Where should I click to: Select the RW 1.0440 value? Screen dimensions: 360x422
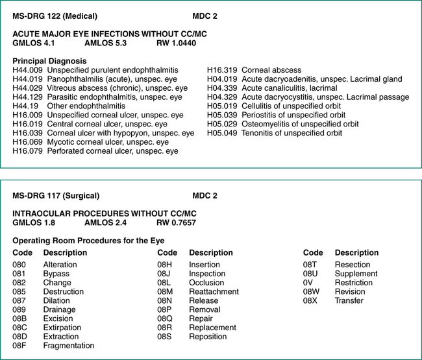pos(177,43)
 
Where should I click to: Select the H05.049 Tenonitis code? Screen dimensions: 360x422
pos(222,133)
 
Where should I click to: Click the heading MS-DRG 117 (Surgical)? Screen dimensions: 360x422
pos(56,195)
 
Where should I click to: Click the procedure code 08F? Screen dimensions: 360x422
pos(20,346)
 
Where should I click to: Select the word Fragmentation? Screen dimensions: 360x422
pos(68,346)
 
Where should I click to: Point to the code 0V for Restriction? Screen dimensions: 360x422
pos(309,283)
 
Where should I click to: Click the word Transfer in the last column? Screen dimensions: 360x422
pos(349,301)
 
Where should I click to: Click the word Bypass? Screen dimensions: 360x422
pos(56,274)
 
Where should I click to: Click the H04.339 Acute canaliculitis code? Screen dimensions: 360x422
pos(222,88)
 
